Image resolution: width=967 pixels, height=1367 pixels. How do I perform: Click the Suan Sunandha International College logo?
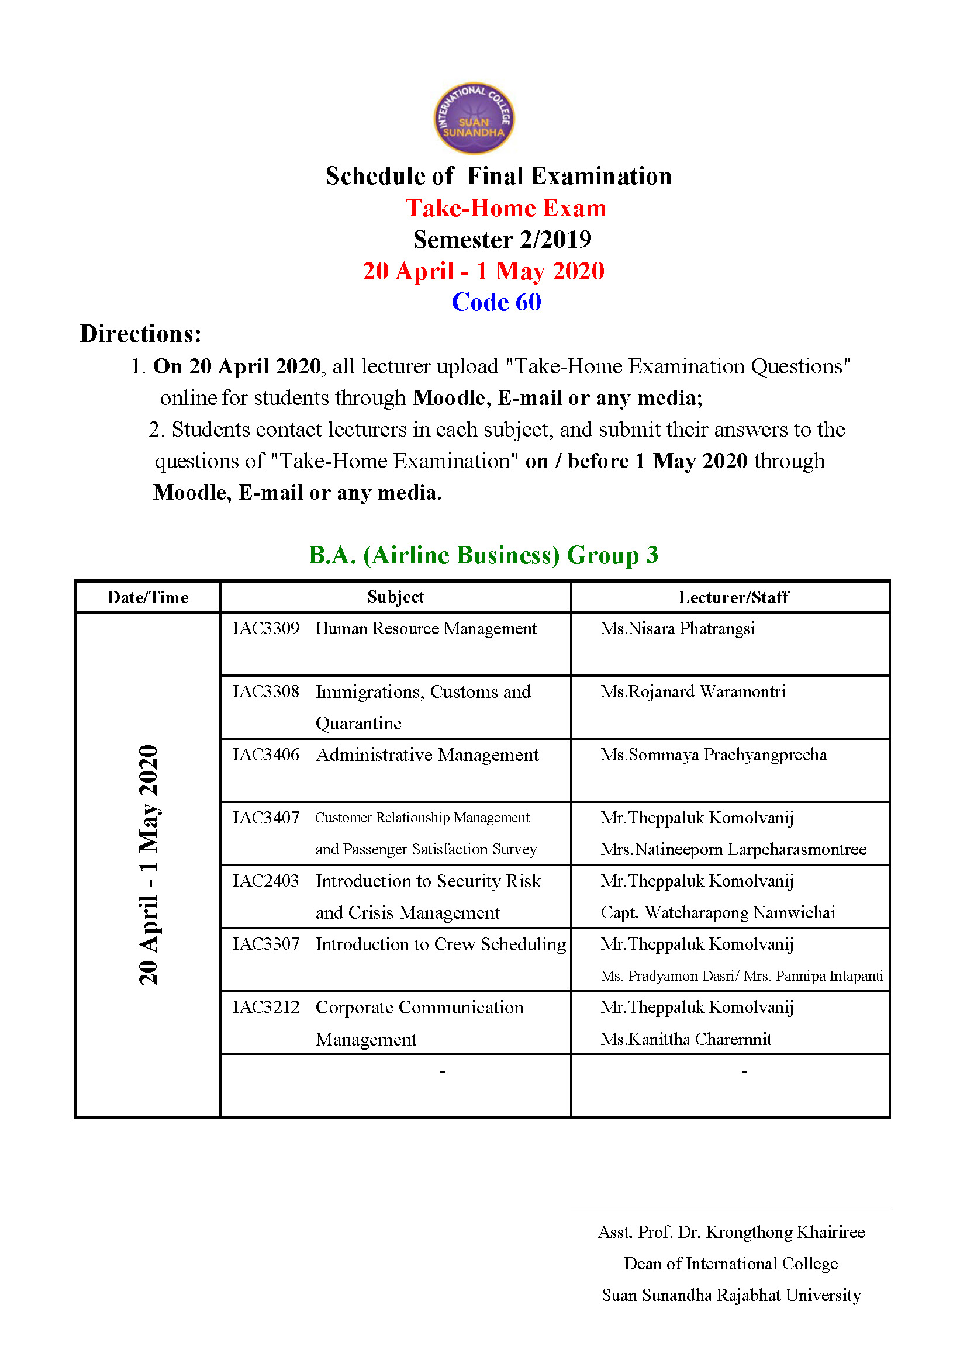[x=474, y=118]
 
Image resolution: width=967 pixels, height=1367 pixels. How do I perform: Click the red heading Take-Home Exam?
[x=506, y=209]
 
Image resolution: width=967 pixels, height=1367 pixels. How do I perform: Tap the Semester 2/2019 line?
[x=502, y=240]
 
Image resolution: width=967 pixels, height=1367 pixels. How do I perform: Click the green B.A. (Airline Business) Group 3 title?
[x=483, y=555]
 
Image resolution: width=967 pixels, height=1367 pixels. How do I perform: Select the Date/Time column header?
[x=148, y=597]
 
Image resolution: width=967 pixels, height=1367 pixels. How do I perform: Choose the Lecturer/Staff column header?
[x=733, y=597]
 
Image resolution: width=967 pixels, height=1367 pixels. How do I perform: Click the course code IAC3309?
[x=265, y=629]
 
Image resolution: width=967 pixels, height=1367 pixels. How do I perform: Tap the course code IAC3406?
[x=265, y=755]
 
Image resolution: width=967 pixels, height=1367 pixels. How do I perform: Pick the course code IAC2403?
[x=265, y=881]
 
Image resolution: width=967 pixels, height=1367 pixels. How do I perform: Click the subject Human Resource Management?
[x=426, y=629]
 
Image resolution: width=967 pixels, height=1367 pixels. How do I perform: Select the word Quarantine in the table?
[x=358, y=724]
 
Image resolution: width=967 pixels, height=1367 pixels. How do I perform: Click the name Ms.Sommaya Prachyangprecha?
[x=713, y=755]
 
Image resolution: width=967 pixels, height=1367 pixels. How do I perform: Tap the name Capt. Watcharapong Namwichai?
[x=717, y=913]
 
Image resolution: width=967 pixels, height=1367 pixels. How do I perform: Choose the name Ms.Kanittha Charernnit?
[x=686, y=1039]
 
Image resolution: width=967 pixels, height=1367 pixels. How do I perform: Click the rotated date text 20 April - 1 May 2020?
[x=148, y=864]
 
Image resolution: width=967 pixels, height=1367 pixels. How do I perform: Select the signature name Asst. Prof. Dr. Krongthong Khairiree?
[x=731, y=1232]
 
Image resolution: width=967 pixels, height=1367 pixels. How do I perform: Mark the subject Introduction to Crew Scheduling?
[x=441, y=944]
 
